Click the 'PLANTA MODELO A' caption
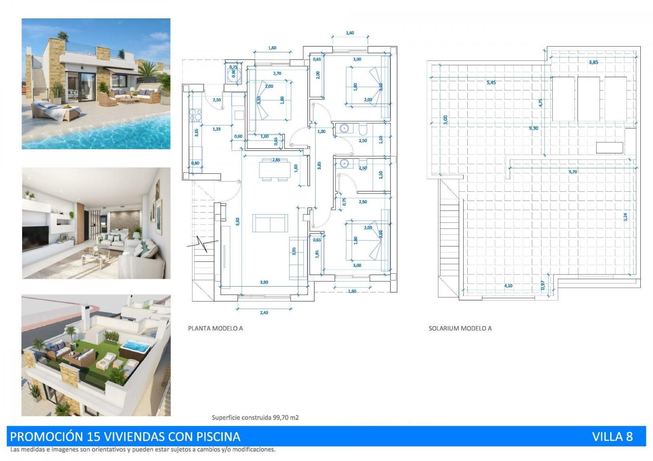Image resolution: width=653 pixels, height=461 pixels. [215, 328]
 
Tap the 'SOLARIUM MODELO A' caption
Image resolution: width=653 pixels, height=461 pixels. [460, 328]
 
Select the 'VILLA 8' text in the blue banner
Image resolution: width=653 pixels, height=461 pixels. [612, 437]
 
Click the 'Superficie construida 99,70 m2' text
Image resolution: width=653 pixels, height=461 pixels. [255, 417]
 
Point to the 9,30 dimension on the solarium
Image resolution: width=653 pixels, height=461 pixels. [533, 128]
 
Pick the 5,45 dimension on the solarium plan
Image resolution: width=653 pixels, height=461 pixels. [491, 82]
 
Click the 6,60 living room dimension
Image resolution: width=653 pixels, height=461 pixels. [238, 221]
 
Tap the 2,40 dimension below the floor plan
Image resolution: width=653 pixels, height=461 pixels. [264, 313]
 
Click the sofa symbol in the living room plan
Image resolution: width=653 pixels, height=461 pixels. [270, 223]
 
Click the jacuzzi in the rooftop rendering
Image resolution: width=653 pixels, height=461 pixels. [135, 347]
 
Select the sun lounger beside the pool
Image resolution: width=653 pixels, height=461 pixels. [53, 111]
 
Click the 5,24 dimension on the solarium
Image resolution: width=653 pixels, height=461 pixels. [625, 217]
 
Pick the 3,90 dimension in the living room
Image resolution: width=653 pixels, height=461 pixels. [264, 282]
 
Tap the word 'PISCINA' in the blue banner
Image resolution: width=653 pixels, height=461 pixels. [218, 437]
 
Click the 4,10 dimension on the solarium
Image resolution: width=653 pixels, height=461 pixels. [508, 286]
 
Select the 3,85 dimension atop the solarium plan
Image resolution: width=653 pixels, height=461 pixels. [593, 62]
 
